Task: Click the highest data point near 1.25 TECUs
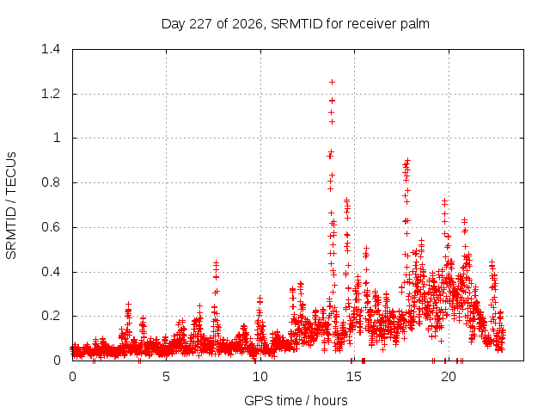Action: coord(332,83)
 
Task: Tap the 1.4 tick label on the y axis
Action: coord(51,49)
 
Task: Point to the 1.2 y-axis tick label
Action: coord(51,94)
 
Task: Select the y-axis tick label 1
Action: coord(57,138)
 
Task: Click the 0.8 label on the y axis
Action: coord(51,182)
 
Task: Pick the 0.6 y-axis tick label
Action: coord(51,227)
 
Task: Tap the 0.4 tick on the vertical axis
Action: coord(51,272)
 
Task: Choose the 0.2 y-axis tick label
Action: coord(51,316)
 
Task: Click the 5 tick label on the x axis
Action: coord(166,377)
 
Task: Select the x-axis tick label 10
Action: coord(260,377)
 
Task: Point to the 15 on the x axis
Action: coord(354,377)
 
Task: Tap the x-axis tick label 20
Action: coord(449,377)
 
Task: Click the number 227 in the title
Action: coord(200,24)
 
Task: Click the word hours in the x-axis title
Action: coord(330,400)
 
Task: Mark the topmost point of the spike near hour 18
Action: coord(407,160)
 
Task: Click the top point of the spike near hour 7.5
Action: coord(216,262)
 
